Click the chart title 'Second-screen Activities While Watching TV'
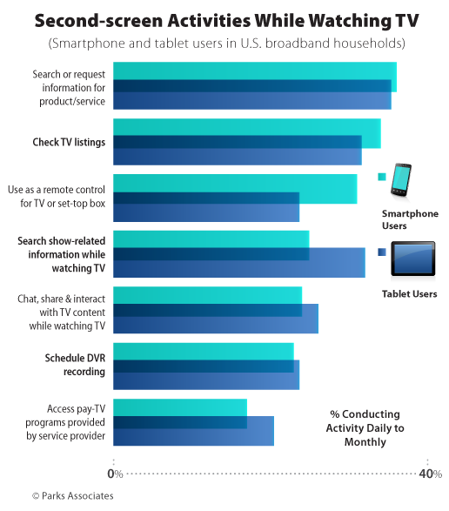tap(224, 18)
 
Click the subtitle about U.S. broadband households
tap(224, 43)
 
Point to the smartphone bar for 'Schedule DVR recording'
tap(204, 351)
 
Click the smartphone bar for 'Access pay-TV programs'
tap(180, 407)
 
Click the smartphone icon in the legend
tap(402, 179)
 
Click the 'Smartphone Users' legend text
tap(410, 219)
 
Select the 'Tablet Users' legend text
tap(409, 294)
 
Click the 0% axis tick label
tap(114, 474)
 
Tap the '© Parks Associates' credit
tap(72, 495)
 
